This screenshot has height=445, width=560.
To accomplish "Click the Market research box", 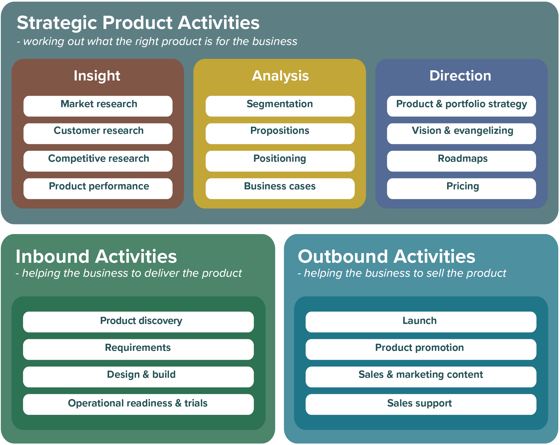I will pyautogui.click(x=98, y=106).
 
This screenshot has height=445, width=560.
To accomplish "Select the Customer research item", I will pyautogui.click(x=98, y=133).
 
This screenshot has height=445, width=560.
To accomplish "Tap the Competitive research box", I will pyautogui.click(x=98, y=161).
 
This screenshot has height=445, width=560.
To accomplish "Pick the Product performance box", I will pyautogui.click(x=98, y=188).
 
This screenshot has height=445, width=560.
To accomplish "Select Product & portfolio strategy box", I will pyautogui.click(x=461, y=106).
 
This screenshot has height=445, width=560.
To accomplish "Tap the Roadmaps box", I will pyautogui.click(x=461, y=161).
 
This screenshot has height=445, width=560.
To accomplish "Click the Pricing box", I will pyautogui.click(x=461, y=188).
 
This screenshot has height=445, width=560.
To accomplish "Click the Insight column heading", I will pyautogui.click(x=97, y=76).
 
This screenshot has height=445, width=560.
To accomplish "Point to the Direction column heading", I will pyautogui.click(x=460, y=76).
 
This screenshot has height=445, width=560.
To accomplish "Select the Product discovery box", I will pyautogui.click(x=138, y=322).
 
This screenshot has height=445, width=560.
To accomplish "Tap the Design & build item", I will pyautogui.click(x=138, y=377).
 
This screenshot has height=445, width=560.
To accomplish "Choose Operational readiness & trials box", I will pyautogui.click(x=138, y=404).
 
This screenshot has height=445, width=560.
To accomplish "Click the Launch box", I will pyautogui.click(x=421, y=322).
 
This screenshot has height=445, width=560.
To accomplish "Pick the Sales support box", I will pyautogui.click(x=421, y=404).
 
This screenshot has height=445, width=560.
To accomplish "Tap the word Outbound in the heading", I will pyautogui.click(x=343, y=257).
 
